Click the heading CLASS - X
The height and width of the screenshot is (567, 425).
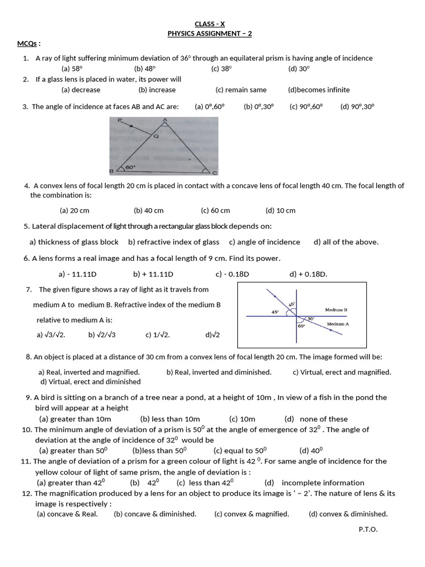pyautogui.click(x=210, y=24)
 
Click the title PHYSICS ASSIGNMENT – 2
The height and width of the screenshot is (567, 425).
pyautogui.click(x=210, y=34)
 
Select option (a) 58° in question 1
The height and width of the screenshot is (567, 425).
pyautogui.click(x=72, y=69)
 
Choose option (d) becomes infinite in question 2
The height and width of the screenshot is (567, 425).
pyautogui.click(x=319, y=90)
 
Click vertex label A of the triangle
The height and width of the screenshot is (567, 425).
pyautogui.click(x=164, y=120)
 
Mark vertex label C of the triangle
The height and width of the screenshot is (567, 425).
pyautogui.click(x=214, y=172)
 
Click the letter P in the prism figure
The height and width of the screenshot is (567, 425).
pyautogui.click(x=113, y=120)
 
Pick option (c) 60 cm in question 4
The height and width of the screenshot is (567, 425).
pyautogui.click(x=215, y=210)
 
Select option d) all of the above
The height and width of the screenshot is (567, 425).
pyautogui.click(x=346, y=242)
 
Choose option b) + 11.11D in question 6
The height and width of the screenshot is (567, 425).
pyautogui.click(x=153, y=274)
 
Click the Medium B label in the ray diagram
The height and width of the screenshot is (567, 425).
pyautogui.click(x=336, y=310)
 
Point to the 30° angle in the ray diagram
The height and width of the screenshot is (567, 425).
pyautogui.click(x=310, y=319)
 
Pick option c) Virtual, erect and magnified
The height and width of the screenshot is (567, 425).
pyautogui.click(x=341, y=372)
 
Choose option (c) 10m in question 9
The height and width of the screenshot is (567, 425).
pyautogui.click(x=242, y=419)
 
